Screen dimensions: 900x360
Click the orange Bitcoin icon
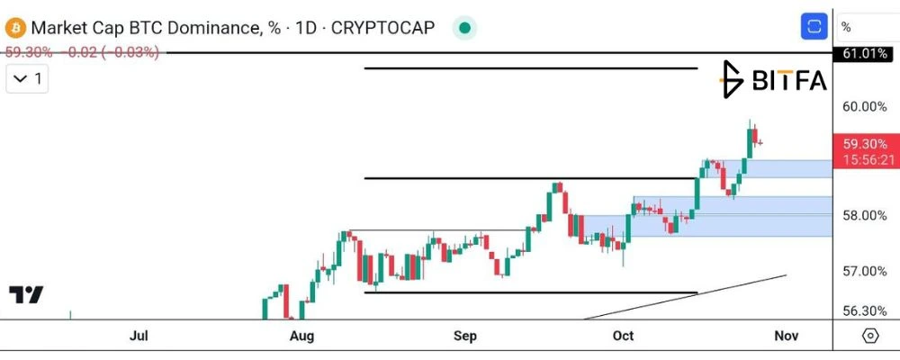coord(15,27)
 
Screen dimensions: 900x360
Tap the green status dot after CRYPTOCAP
coord(465,28)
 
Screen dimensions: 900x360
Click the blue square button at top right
coord(814,26)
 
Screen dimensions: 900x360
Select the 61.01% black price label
coord(864,54)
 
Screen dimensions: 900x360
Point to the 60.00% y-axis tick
coord(864,106)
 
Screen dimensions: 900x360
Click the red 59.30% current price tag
coord(864,143)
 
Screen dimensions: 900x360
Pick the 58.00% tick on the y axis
coord(864,215)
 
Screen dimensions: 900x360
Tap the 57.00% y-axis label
coord(864,270)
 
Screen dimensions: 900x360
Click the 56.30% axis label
coord(864,310)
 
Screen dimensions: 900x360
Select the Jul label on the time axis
coord(139,336)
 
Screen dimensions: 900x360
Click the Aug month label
coord(301,336)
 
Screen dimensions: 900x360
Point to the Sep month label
coord(465,336)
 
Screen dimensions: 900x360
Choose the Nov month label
coord(787,336)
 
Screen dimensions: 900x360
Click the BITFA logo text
coord(790,80)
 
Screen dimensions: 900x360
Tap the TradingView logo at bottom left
coord(26,294)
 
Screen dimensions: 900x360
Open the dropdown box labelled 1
coord(27,78)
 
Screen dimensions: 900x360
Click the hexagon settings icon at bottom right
coord(870,336)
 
